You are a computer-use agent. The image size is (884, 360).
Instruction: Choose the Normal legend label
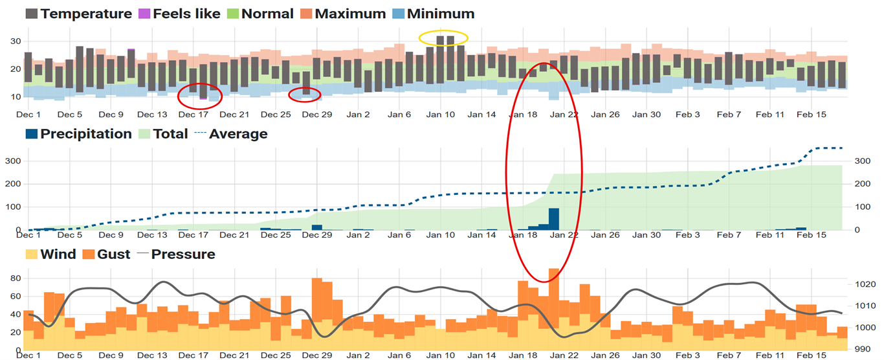266,14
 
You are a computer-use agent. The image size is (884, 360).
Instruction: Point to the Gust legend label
117,254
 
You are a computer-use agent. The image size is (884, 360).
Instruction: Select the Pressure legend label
183,254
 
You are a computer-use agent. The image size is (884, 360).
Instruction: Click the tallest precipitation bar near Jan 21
554,219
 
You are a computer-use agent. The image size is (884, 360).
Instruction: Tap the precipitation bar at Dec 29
316,227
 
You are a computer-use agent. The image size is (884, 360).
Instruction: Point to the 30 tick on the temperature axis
15,41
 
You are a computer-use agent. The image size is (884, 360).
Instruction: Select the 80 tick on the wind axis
15,278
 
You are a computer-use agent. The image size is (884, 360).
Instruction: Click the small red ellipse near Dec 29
305,95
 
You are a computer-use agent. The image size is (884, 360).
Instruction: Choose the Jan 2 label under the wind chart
358,355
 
